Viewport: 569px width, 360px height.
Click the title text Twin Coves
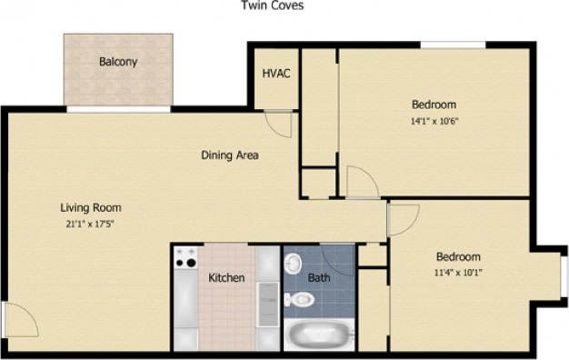tap(272, 5)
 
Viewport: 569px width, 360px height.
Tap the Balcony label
tap(118, 62)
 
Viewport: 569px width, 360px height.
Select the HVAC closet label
tap(275, 74)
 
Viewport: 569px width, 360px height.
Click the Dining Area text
tap(229, 155)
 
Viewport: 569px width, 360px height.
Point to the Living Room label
tap(91, 206)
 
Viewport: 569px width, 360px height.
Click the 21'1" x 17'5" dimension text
tap(91, 222)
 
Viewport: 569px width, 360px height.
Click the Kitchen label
tap(226, 277)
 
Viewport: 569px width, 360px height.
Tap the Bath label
tap(319, 277)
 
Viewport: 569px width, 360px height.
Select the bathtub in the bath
tap(318, 335)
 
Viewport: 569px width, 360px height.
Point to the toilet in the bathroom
tap(293, 263)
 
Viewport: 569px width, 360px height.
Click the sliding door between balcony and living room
tap(118, 109)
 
